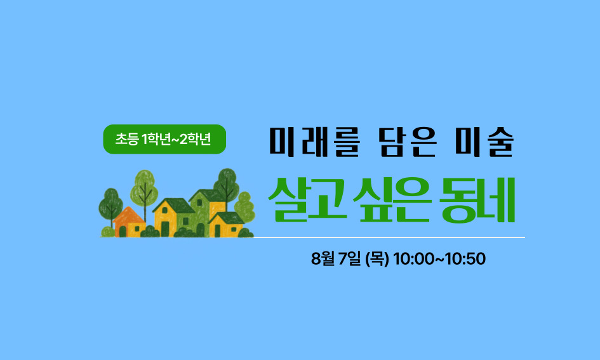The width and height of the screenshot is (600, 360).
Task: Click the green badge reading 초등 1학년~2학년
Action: point(164,139)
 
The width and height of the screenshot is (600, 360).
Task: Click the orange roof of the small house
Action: point(128,215)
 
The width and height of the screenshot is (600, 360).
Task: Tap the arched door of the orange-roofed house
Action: point(123,231)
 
